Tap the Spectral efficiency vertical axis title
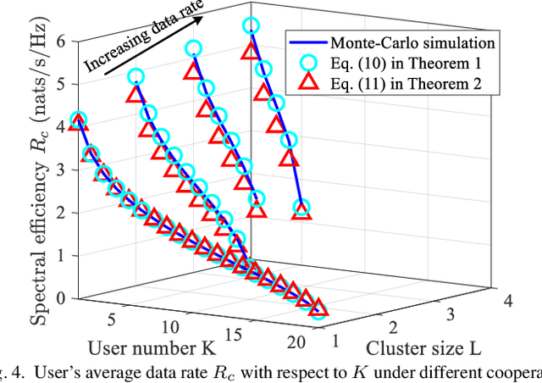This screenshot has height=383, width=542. pos(35,169)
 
